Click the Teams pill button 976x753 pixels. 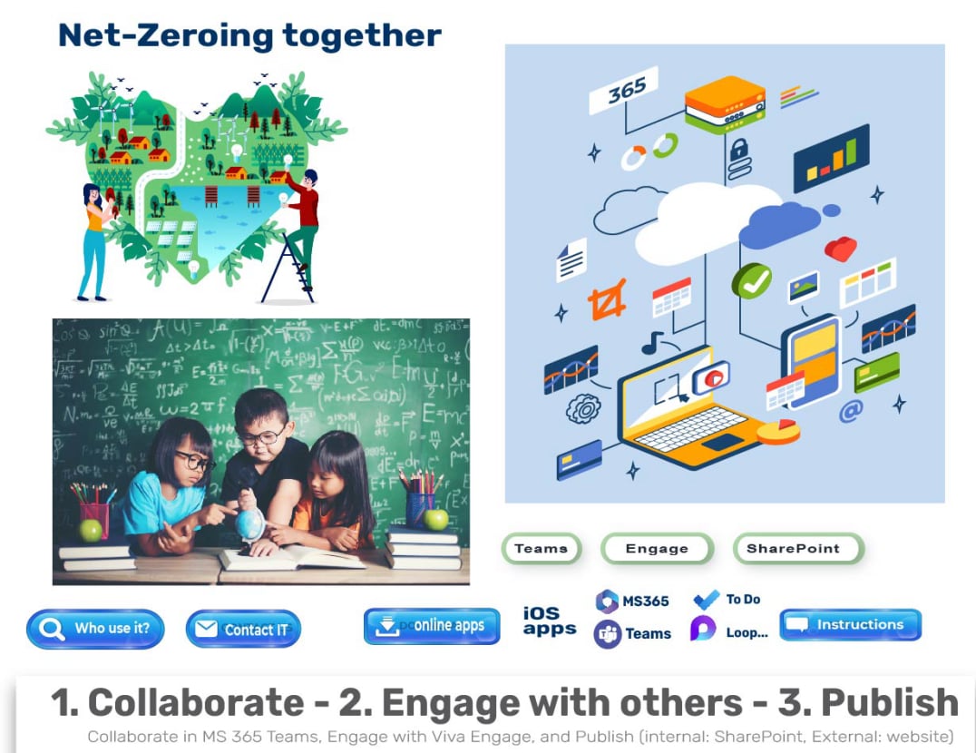pos(541,549)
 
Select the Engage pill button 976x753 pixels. pos(657,549)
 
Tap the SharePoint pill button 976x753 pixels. pos(797,549)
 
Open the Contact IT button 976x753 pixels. pos(242,630)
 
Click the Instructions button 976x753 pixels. pos(850,625)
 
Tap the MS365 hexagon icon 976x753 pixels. pos(607,601)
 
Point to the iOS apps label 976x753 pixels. pos(549,621)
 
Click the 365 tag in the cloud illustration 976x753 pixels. pos(624,90)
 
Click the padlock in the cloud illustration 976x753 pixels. pos(739,148)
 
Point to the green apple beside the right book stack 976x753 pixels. pos(435,519)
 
